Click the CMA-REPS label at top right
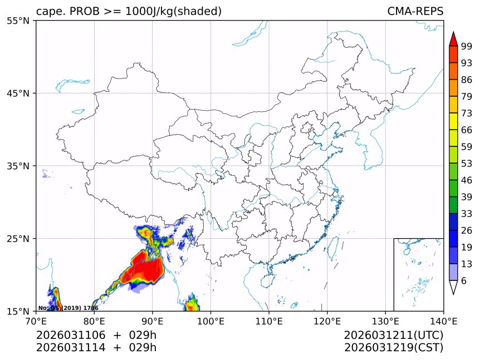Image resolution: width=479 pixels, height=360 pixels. coord(415,11)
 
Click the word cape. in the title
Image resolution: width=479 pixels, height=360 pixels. coord(50,11)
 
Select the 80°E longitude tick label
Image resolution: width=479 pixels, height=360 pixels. coord(94,320)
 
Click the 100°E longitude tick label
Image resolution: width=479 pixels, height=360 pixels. coord(211,320)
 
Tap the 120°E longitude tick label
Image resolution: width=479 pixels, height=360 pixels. coord(327,320)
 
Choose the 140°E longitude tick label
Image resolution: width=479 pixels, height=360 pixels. coord(443,320)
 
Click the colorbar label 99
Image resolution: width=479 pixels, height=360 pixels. coord(466,46)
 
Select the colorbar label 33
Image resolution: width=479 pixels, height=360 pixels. coord(466,214)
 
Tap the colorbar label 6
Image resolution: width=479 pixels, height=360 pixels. coord(464,281)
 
